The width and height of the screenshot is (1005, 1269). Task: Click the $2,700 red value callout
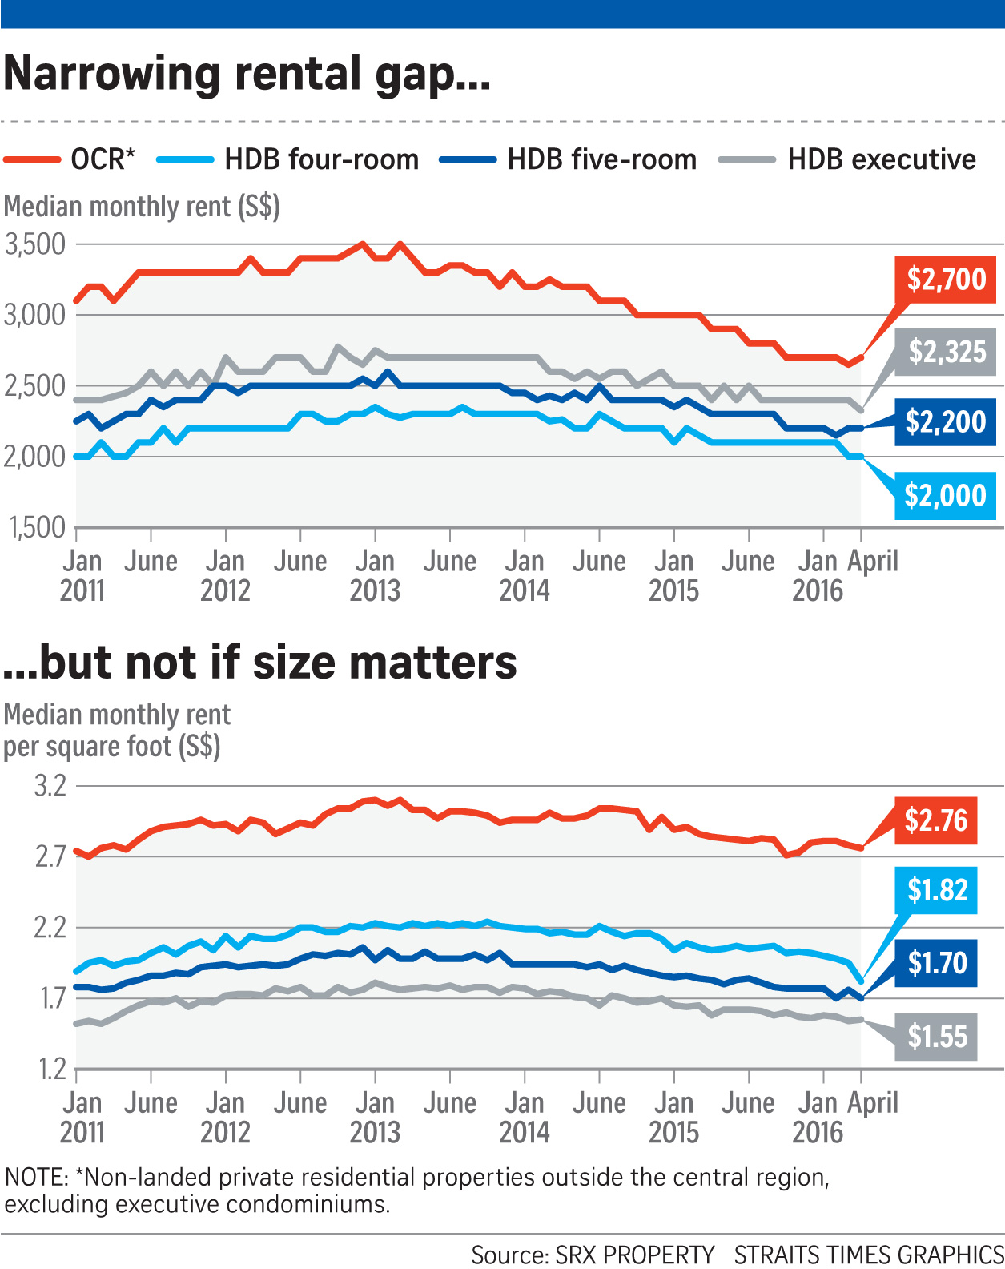(946, 280)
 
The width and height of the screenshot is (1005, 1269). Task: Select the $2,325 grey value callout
(947, 352)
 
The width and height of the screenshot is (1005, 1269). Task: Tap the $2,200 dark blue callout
(946, 422)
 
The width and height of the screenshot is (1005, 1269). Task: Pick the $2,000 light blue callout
(945, 496)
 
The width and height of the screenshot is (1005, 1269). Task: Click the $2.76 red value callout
(935, 821)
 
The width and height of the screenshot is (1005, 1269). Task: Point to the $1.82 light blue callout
(937, 890)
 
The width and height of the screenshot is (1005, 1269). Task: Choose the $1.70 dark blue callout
(937, 962)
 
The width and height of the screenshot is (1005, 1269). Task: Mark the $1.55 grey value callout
(937, 1037)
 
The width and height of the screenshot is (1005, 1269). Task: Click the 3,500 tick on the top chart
(35, 244)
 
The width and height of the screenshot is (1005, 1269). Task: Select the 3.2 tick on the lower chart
(50, 786)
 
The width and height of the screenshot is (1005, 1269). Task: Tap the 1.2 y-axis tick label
(50, 1070)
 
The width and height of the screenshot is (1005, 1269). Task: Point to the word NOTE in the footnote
(36, 1178)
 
